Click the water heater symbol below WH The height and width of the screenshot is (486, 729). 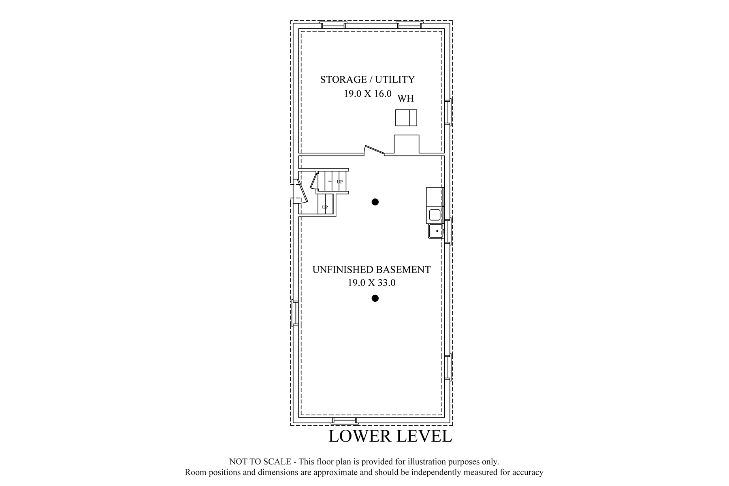406,117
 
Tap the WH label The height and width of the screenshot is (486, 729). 406,98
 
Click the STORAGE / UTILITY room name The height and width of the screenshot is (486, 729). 367,79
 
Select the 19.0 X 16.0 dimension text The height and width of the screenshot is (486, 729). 368,94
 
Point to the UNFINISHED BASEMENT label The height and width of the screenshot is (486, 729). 371,270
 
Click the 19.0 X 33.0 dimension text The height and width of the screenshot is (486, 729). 371,283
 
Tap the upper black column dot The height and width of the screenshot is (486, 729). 375,202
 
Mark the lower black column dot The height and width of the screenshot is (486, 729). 375,298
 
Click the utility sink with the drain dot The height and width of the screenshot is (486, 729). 436,231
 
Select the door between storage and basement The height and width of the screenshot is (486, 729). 374,150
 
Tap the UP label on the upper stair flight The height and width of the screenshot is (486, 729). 339,182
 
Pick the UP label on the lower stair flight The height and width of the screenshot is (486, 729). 325,207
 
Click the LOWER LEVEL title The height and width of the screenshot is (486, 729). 390,436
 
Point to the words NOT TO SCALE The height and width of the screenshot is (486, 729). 260,461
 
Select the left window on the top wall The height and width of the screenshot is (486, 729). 333,25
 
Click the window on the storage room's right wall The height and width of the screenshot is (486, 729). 448,111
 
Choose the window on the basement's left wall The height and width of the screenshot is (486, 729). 295,313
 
